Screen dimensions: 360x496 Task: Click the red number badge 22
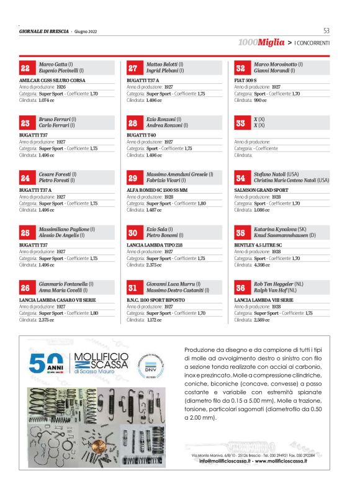point(25,68)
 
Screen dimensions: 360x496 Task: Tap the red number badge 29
point(133,178)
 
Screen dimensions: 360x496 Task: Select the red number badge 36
point(240,288)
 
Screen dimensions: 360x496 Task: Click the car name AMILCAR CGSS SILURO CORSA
point(52,81)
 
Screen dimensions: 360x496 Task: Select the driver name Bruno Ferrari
point(54,119)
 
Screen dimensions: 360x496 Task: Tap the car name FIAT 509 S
point(247,81)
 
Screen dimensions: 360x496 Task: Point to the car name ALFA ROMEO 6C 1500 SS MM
point(159,191)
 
